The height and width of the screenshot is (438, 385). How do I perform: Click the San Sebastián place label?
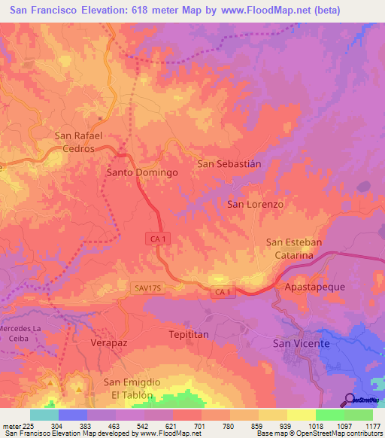(x=229, y=163)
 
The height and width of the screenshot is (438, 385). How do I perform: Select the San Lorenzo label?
(x=255, y=204)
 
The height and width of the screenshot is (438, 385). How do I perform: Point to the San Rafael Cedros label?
(x=78, y=142)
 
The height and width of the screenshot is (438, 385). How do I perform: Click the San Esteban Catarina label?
(x=294, y=249)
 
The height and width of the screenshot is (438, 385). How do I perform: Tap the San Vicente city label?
(x=300, y=344)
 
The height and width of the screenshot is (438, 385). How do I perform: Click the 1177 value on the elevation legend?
(x=374, y=425)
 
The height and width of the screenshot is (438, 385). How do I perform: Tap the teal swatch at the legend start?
(x=44, y=415)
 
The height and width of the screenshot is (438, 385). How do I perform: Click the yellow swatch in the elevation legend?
(x=302, y=415)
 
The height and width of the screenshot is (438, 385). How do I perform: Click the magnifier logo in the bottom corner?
(x=350, y=400)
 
